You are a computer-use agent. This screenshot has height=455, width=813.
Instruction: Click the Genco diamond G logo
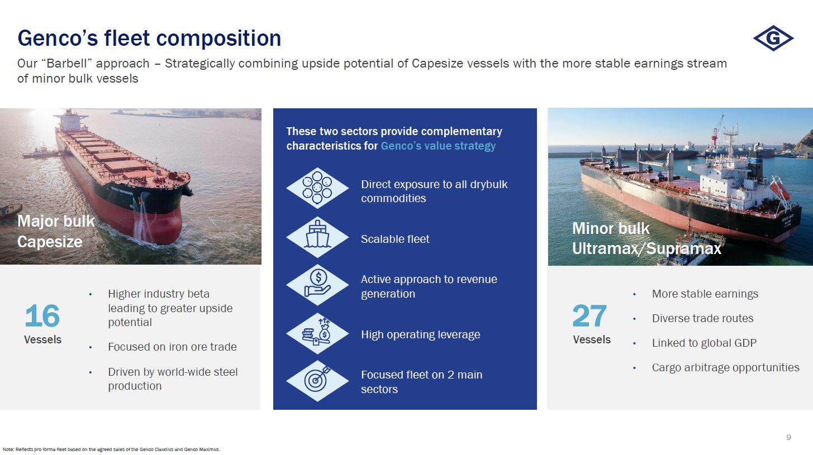pyautogui.click(x=773, y=38)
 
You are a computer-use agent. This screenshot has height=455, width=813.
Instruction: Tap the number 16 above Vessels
pyautogui.click(x=42, y=316)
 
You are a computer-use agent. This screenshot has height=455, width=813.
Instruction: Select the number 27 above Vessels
pyautogui.click(x=589, y=316)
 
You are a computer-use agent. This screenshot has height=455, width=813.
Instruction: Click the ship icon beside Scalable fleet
pyautogui.click(x=317, y=237)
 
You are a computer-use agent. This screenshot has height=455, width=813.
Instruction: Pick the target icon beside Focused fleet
pyautogui.click(x=317, y=380)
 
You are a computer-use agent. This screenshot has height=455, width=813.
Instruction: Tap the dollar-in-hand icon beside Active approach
pyautogui.click(x=317, y=285)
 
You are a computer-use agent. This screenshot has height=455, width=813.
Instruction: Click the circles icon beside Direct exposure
pyautogui.click(x=317, y=188)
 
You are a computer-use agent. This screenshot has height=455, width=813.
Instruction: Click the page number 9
pyautogui.click(x=788, y=437)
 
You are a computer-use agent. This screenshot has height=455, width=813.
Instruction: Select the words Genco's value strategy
pyautogui.click(x=438, y=146)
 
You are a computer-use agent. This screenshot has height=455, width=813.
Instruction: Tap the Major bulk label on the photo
pyautogui.click(x=56, y=221)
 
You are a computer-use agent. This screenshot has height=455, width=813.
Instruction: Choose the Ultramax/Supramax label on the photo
pyautogui.click(x=646, y=248)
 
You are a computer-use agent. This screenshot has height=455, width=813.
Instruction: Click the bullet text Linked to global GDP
pyautogui.click(x=704, y=343)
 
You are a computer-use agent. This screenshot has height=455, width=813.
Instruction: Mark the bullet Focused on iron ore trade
pyautogui.click(x=172, y=347)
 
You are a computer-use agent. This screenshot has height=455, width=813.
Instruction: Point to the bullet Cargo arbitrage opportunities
pyautogui.click(x=725, y=367)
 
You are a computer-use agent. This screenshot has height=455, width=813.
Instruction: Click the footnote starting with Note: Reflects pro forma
pyautogui.click(x=111, y=449)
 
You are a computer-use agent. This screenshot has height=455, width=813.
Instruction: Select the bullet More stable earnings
pyautogui.click(x=705, y=294)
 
